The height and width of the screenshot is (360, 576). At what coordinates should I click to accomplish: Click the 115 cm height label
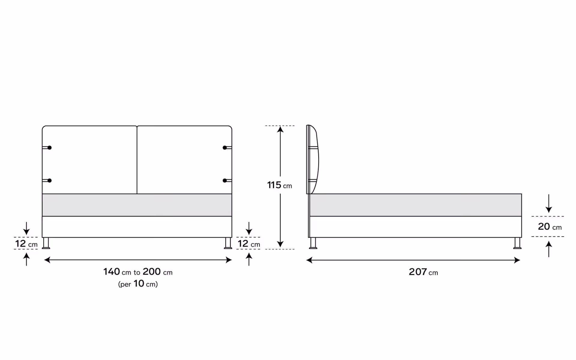[x=280, y=185]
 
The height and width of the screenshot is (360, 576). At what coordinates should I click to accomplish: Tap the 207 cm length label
[x=423, y=272]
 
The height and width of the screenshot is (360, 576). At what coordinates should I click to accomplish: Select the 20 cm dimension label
[x=550, y=226]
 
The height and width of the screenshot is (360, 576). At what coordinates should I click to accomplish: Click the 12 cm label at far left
[x=26, y=244]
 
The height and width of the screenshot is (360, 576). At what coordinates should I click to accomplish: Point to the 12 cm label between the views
[x=249, y=244]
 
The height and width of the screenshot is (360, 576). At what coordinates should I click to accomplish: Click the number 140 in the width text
[x=112, y=272]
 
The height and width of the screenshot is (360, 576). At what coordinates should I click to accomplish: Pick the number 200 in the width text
[x=152, y=272]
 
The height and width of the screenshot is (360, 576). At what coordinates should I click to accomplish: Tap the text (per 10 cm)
[x=138, y=284]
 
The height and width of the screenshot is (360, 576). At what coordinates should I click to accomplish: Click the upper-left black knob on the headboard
[x=49, y=148]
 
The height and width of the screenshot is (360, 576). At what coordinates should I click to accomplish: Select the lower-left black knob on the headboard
[x=49, y=181]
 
